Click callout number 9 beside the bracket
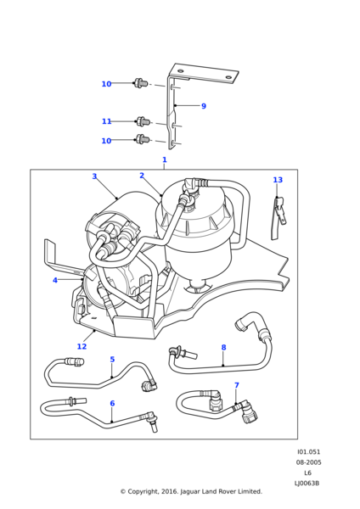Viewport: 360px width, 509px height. [x=204, y=106]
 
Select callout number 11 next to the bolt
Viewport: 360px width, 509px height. [x=107, y=121]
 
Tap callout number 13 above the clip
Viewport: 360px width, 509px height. [x=278, y=180]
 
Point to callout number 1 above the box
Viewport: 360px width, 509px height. [x=165, y=159]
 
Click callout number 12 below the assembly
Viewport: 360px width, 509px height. [x=82, y=347]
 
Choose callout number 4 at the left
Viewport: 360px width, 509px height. [x=55, y=280]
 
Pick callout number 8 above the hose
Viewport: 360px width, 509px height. [x=223, y=347]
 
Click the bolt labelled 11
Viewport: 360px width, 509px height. [x=143, y=121]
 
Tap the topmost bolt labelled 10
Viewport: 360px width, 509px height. [x=140, y=83]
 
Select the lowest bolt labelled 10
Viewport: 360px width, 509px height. [x=143, y=140]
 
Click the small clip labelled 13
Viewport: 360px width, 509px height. [x=278, y=218]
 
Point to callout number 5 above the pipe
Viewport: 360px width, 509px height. [x=112, y=360]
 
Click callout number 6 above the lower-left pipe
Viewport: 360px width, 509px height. [x=112, y=403]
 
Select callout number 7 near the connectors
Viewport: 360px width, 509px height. [x=237, y=385]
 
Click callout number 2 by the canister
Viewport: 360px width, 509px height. [x=142, y=176]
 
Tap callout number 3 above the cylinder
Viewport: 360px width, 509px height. [x=94, y=176]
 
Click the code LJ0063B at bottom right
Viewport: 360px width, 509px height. [x=307, y=484]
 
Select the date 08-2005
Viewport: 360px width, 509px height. [x=308, y=462]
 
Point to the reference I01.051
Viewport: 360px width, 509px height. [x=309, y=452]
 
